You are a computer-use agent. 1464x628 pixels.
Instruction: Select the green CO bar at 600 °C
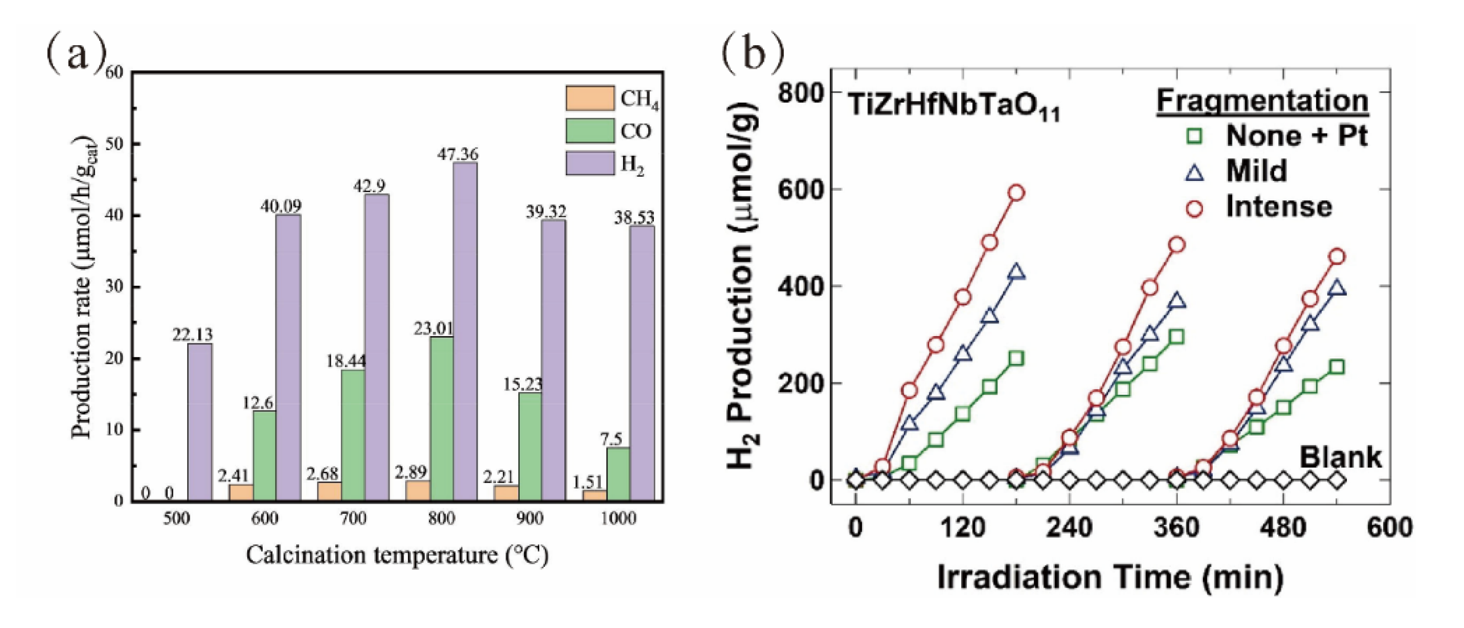[x=264, y=455]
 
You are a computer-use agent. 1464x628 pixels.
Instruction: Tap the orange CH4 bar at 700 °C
[x=329, y=491]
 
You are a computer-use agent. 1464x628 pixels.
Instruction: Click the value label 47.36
[x=457, y=154]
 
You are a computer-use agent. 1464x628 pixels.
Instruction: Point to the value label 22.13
[x=192, y=335]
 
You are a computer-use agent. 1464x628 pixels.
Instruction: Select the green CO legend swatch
[x=589, y=131]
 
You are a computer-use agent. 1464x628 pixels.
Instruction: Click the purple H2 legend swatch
[x=589, y=163]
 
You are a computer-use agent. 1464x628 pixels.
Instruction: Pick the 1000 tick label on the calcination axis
[x=618, y=519]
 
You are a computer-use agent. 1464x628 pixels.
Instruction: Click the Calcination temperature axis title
[x=397, y=555]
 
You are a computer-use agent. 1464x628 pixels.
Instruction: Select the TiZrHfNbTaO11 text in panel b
[x=953, y=107]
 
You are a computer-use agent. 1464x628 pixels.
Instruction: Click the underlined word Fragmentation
[x=1261, y=101]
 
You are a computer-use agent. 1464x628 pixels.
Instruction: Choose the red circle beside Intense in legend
[x=1194, y=208]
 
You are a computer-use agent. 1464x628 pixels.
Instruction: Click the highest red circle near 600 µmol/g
[x=1016, y=193]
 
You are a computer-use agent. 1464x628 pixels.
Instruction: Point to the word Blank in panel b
[x=1340, y=457]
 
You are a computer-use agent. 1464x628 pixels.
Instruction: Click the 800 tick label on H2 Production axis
[x=801, y=92]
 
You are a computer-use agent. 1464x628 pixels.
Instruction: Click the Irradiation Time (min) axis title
[x=1110, y=578]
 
